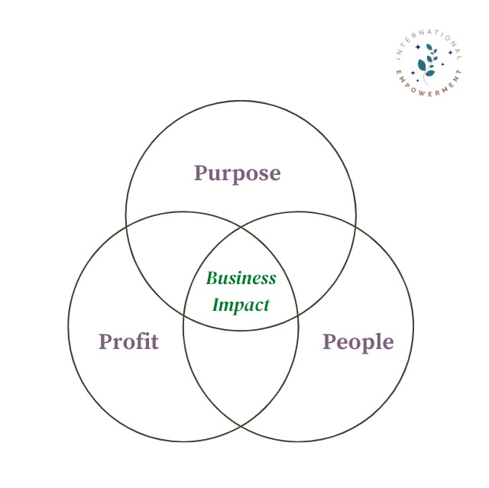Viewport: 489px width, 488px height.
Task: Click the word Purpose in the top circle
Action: pyautogui.click(x=238, y=174)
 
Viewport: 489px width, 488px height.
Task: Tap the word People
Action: pyautogui.click(x=358, y=342)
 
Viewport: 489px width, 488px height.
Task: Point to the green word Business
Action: pyautogui.click(x=241, y=278)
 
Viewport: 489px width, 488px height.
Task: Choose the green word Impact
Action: pyautogui.click(x=241, y=305)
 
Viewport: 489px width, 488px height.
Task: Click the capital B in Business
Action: pyautogui.click(x=212, y=278)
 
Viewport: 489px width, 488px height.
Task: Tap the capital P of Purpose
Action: pyautogui.click(x=201, y=173)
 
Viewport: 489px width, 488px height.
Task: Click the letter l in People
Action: pyautogui.click(x=378, y=341)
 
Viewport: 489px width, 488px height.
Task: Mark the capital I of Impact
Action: pyautogui.click(x=217, y=305)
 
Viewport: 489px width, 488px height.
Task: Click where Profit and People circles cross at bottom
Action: pyautogui.click(x=241, y=425)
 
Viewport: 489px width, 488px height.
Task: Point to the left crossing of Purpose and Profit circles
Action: pyautogui.click(x=126, y=227)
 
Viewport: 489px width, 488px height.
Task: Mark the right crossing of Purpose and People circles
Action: pyautogui.click(x=355, y=228)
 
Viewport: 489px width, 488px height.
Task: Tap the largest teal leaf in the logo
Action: pyautogui.click(x=422, y=65)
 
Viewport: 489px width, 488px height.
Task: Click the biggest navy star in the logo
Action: pyautogui.click(x=418, y=47)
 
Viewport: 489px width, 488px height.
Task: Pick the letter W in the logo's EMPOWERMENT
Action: pyautogui.click(x=421, y=92)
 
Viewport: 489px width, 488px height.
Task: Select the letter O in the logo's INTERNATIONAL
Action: pyautogui.click(x=448, y=38)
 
